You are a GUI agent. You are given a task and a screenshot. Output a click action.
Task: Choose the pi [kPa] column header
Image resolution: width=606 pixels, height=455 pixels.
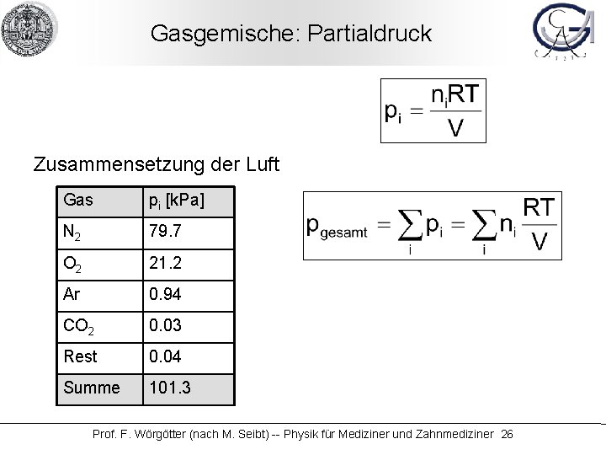(x=176, y=201)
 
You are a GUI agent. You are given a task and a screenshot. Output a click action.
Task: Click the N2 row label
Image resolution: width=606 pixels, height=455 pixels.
(x=76, y=233)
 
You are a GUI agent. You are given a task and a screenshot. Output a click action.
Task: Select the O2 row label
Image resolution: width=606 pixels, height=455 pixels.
(x=76, y=264)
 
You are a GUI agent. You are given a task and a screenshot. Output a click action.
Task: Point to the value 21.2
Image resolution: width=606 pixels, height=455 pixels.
(x=166, y=263)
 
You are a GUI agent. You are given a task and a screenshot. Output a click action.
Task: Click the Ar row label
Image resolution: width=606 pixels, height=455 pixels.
(x=72, y=294)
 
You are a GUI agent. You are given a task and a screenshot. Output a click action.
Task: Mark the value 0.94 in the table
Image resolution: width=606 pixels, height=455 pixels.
(x=166, y=294)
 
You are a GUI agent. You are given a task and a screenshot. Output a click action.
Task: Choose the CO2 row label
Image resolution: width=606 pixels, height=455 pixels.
(x=80, y=326)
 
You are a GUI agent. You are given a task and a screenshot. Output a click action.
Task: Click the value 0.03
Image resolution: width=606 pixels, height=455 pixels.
(x=166, y=325)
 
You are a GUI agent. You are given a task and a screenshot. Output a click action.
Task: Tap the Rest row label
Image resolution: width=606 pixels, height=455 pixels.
(x=78, y=356)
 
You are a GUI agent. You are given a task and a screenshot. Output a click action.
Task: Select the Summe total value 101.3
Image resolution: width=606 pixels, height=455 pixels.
(x=169, y=388)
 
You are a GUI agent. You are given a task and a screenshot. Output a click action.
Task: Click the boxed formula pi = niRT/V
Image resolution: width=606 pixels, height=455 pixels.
(x=433, y=110)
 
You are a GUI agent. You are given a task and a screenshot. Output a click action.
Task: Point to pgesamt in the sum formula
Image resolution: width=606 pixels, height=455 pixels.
(x=337, y=227)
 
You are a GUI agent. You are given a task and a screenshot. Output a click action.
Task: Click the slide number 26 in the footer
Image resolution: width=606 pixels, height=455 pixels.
(x=506, y=434)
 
